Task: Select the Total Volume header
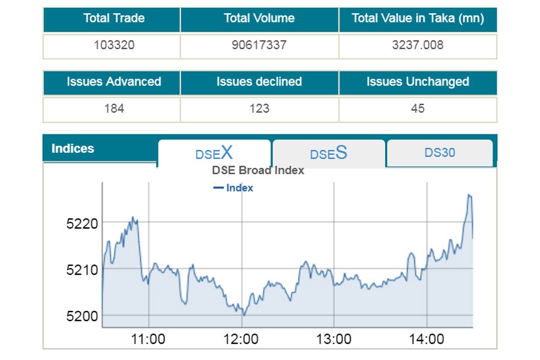(259, 19)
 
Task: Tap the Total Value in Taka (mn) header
(418, 19)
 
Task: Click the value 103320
(111, 45)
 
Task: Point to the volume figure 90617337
(259, 45)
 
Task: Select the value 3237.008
(418, 45)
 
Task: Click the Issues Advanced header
(113, 82)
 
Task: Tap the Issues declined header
(259, 82)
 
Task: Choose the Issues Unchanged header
(418, 82)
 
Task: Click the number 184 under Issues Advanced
(113, 109)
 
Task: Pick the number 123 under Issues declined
(259, 109)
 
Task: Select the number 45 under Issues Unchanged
(418, 109)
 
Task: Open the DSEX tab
(214, 153)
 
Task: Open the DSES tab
(328, 154)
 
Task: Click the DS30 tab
(440, 152)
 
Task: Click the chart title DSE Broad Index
(258, 170)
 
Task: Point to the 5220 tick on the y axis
(82, 224)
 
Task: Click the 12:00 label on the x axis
(241, 339)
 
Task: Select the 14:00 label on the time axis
(426, 339)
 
